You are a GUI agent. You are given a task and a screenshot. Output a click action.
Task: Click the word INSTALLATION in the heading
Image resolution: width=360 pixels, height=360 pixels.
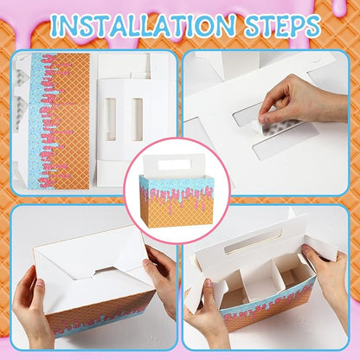click(142, 25)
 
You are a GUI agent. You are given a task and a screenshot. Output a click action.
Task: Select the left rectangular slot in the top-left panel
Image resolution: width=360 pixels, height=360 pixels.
click(110, 119)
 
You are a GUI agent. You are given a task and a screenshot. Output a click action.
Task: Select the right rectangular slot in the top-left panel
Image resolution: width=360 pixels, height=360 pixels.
click(138, 119)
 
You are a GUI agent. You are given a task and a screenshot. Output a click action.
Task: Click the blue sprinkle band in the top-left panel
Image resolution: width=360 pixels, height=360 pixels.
click(38, 121)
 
